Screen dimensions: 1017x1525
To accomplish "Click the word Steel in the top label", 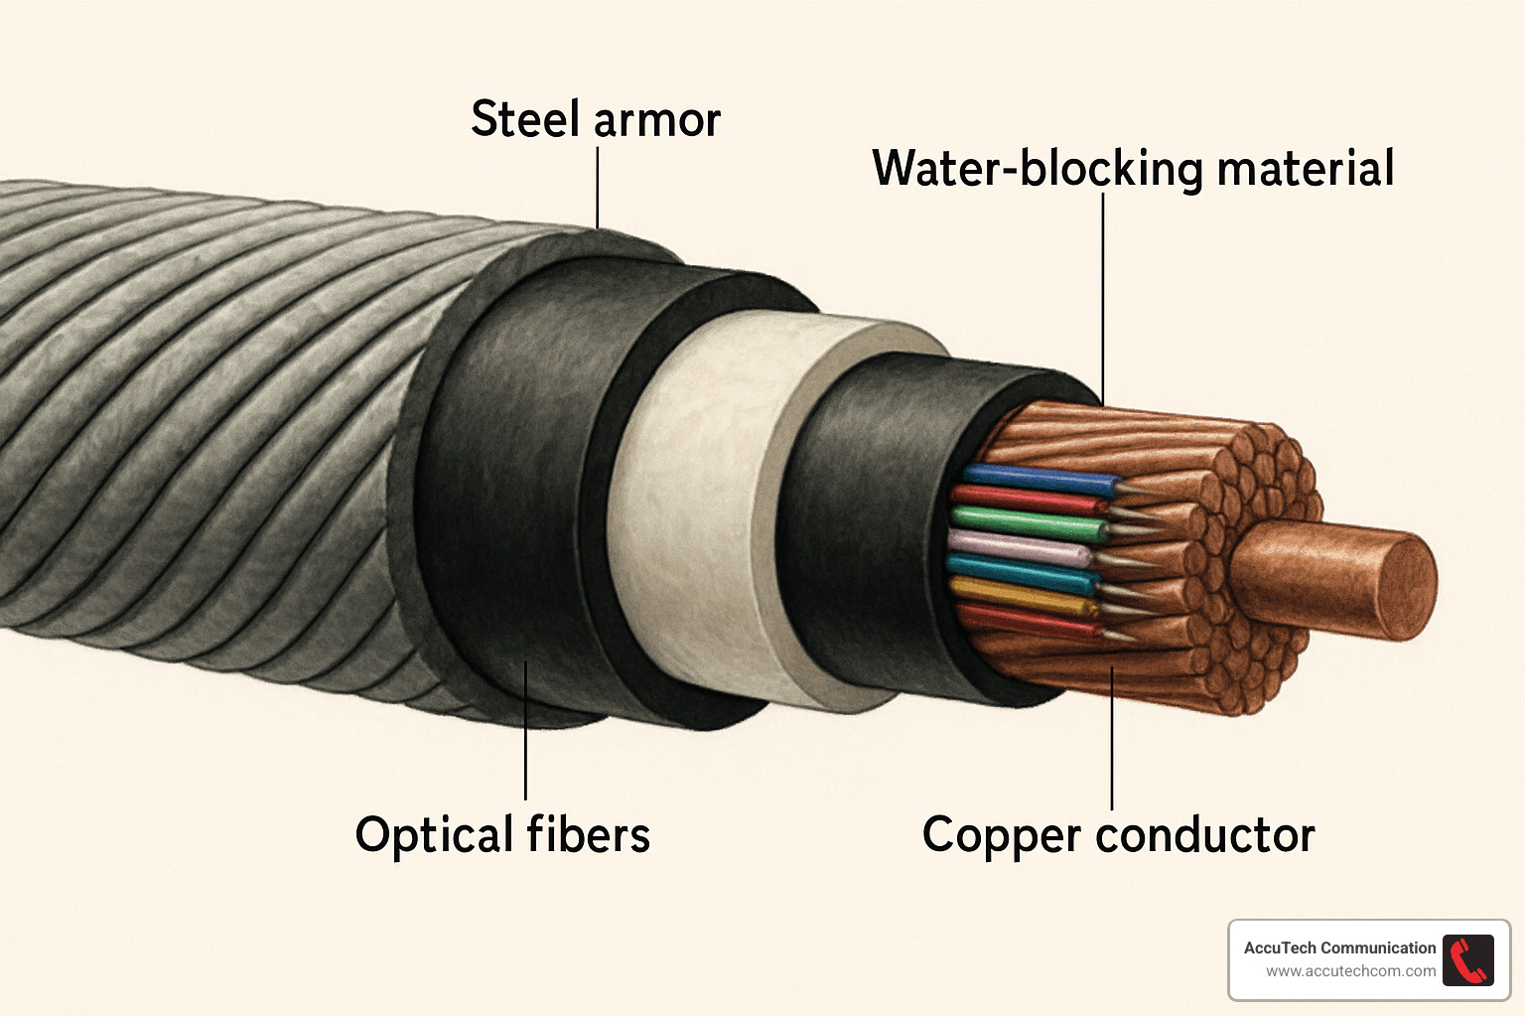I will click(x=524, y=119).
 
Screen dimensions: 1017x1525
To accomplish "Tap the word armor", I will click(x=657, y=121).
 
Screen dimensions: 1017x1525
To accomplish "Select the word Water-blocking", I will click(x=1038, y=169).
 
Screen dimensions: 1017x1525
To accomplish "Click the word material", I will click(x=1305, y=168).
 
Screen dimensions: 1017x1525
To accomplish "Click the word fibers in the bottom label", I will click(x=588, y=834).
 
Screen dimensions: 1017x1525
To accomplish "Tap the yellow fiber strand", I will click(x=1023, y=597).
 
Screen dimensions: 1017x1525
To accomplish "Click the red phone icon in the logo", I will click(x=1467, y=960).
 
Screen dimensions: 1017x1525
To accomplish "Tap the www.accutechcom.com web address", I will click(x=1350, y=971).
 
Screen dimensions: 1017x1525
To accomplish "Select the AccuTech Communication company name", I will click(x=1339, y=947).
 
